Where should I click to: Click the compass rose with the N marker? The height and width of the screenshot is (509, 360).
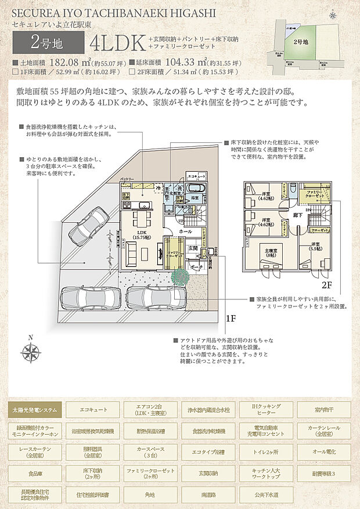[31, 352]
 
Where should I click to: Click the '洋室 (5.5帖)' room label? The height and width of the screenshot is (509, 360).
[315, 247]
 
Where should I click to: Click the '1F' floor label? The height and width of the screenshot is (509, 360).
[231, 319]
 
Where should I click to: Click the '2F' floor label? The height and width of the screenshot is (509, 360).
[326, 286]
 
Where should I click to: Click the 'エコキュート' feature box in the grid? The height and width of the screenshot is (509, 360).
[93, 410]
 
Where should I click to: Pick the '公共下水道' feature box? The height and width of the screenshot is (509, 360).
[266, 496]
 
